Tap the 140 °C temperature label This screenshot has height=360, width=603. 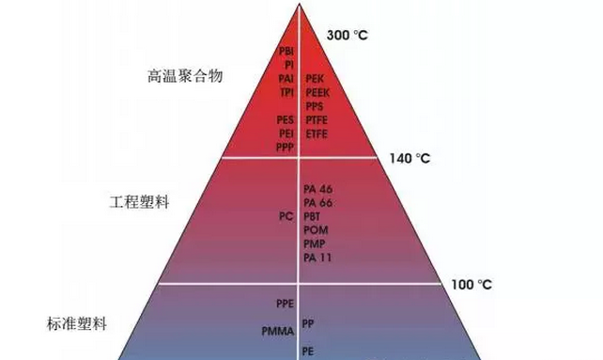tap(408, 159)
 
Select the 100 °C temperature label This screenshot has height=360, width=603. tap(472, 284)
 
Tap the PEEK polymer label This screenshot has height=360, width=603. tap(317, 93)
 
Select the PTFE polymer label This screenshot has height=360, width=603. tap(317, 120)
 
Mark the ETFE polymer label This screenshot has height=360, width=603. tap(316, 133)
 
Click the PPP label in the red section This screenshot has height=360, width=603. tap(286, 148)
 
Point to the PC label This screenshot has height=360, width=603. tap(286, 216)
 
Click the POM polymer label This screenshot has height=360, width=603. tap(316, 229)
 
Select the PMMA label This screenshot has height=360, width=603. tap(278, 331)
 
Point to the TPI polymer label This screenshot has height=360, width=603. tap(287, 92)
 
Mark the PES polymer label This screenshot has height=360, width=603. tap(286, 120)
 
